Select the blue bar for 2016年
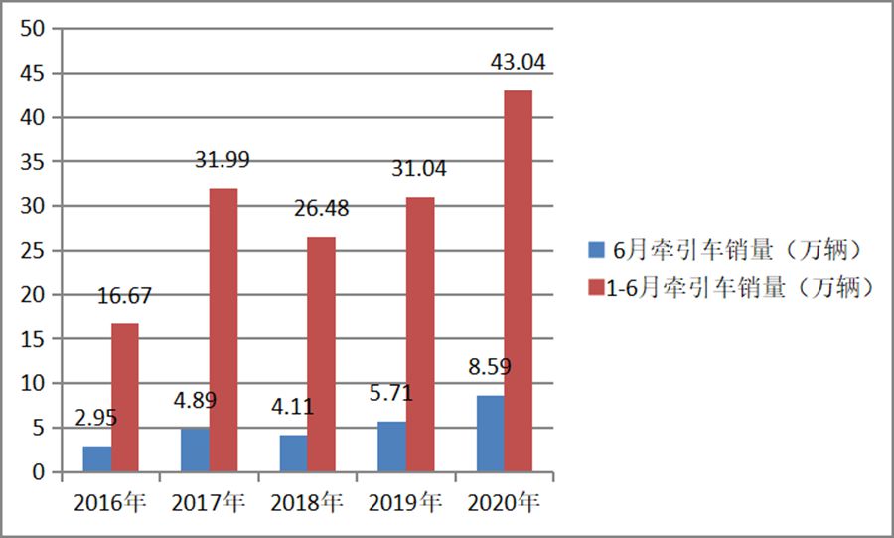(x=96, y=458)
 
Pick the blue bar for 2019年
(x=391, y=447)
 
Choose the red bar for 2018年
(x=321, y=354)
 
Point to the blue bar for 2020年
(x=490, y=434)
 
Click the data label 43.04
(x=518, y=62)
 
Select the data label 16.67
(x=124, y=295)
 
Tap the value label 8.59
(x=490, y=367)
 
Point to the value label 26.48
(x=321, y=209)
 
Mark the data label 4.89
(x=195, y=401)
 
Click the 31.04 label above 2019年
(x=419, y=169)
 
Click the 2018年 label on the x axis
(x=307, y=503)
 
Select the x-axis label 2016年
(x=110, y=503)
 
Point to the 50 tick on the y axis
(x=34, y=30)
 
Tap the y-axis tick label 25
(x=34, y=251)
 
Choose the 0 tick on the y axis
(x=40, y=472)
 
